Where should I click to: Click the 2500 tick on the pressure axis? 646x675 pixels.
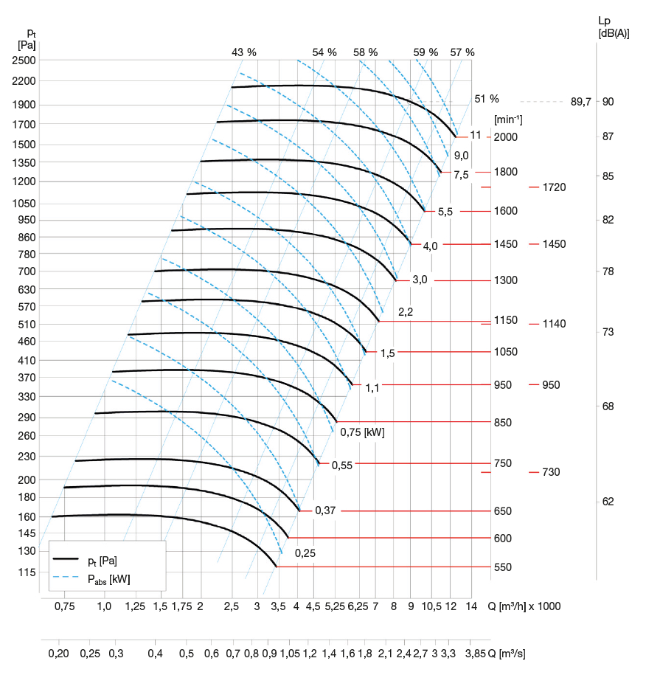tap(24, 60)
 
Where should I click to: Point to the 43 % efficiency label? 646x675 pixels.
tap(244, 52)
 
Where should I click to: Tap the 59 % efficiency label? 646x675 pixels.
tap(426, 52)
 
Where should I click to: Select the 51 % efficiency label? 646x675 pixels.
tap(487, 99)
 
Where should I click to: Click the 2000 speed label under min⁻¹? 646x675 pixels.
tap(506, 137)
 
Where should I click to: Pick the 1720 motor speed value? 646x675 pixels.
tap(554, 187)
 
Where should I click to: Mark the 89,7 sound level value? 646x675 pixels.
tap(581, 102)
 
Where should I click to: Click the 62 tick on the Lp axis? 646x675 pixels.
tap(608, 502)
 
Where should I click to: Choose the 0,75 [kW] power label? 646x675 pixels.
tap(362, 432)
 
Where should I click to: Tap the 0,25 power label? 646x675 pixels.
tap(305, 553)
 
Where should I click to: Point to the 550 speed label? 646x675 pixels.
tap(503, 567)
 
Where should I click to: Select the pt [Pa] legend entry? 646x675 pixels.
tap(103, 560)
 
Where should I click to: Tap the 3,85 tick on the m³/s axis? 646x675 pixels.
tap(476, 654)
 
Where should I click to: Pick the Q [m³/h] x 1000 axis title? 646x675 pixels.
tap(524, 606)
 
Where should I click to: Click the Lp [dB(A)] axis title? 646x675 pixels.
tap(614, 27)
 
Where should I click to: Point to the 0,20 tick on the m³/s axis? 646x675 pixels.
tap(59, 654)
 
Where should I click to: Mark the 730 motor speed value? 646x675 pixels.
tap(551, 472)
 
